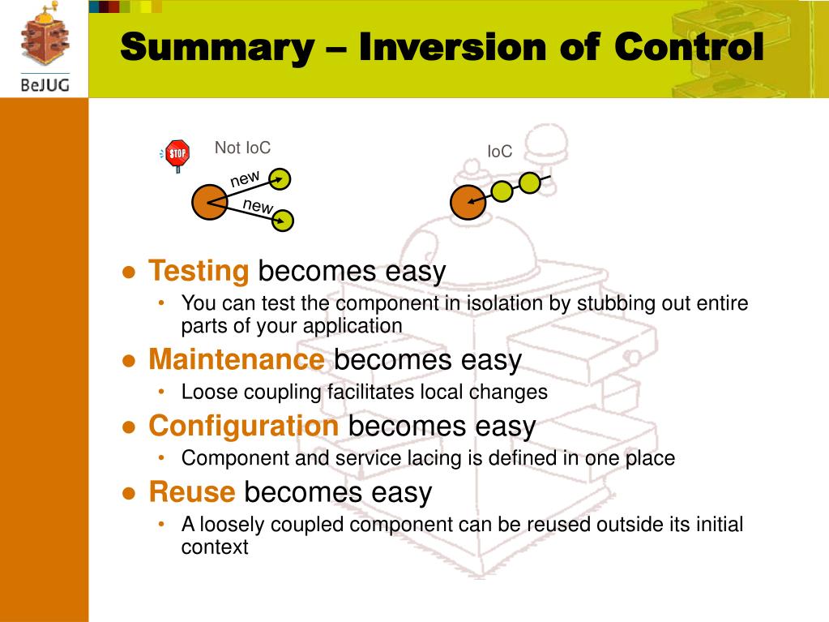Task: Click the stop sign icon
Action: (177, 153)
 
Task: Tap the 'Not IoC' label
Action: (242, 148)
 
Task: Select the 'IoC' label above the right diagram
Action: (499, 152)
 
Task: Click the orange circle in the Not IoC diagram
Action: (209, 202)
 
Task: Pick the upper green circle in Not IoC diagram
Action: (280, 178)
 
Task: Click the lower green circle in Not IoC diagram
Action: (283, 220)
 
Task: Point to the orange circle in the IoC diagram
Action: (468, 202)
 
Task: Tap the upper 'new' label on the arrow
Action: (245, 178)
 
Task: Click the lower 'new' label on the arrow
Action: (258, 206)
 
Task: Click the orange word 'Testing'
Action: (199, 271)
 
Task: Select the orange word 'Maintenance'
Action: (237, 359)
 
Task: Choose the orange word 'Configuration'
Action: (243, 426)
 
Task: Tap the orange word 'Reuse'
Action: (192, 492)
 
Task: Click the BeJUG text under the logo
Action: (45, 84)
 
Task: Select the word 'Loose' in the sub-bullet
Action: (206, 393)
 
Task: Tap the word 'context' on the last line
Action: (215, 547)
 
